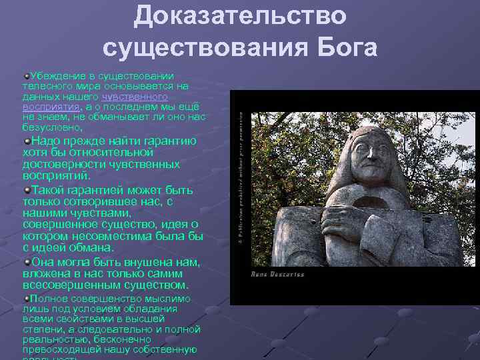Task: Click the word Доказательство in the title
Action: point(240,16)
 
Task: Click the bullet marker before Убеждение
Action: point(26,76)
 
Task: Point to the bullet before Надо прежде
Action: point(26,141)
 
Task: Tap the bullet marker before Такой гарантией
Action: point(26,190)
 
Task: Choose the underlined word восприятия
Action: point(51,106)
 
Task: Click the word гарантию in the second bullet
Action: point(167,141)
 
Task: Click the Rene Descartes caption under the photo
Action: point(277,274)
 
